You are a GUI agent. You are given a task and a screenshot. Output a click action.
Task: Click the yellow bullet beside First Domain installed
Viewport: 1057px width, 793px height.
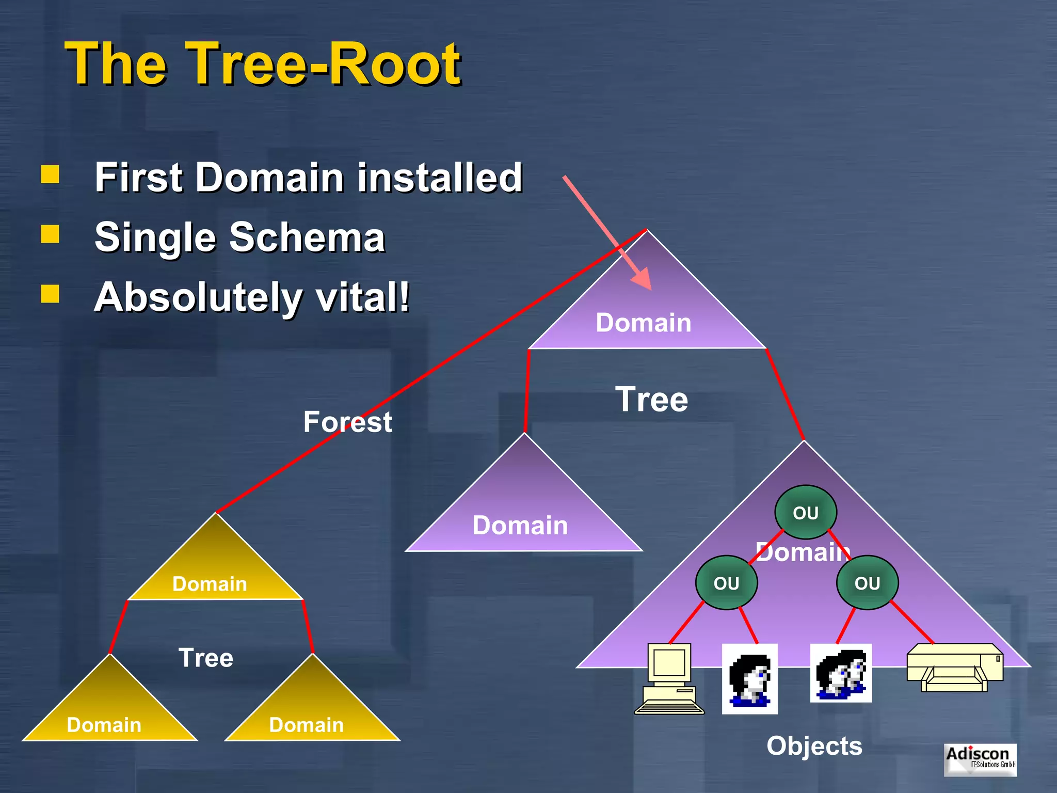[50, 175]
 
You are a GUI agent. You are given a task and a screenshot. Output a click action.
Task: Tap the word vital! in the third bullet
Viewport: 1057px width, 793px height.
[363, 297]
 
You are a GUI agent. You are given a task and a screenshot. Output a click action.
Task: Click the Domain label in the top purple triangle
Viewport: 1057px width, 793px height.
[643, 323]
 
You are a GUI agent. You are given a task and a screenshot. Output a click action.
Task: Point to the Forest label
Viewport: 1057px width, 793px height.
[347, 422]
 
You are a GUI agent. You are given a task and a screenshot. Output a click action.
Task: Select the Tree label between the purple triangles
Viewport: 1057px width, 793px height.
[651, 400]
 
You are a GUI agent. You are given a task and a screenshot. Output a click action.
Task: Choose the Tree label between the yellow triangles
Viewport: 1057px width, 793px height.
[205, 658]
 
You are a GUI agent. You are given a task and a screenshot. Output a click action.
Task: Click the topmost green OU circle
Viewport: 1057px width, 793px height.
[805, 513]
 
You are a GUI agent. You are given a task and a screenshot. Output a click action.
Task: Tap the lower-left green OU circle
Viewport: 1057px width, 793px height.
[726, 583]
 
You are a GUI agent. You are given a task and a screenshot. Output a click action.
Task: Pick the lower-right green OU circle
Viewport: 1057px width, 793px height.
[867, 583]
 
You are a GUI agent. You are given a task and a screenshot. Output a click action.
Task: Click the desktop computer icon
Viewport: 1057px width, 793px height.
[669, 679]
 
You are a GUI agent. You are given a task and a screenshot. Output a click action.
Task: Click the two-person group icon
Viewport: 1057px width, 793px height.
[841, 673]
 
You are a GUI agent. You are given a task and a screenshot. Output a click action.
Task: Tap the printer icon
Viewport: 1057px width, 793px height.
[955, 667]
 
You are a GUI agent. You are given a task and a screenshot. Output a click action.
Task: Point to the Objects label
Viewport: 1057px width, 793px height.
[814, 746]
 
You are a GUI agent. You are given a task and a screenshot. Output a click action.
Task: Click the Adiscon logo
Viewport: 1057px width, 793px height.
[980, 759]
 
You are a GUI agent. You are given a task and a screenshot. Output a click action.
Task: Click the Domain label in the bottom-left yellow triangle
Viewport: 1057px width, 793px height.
[104, 725]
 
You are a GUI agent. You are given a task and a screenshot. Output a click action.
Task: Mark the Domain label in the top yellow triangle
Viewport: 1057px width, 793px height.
[210, 584]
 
